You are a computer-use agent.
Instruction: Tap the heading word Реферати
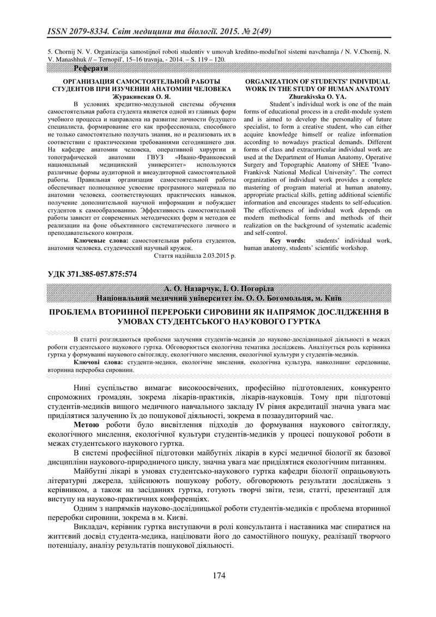click(90, 68)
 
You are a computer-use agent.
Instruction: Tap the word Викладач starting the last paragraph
click(92, 527)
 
